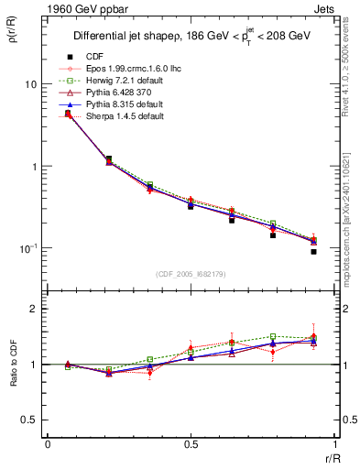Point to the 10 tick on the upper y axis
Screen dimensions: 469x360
pyautogui.click(x=30, y=84)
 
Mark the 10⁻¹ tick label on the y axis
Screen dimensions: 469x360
pyautogui.click(x=28, y=248)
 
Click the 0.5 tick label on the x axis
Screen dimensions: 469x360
pyautogui.click(x=191, y=444)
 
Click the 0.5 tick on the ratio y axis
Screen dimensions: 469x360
pyautogui.click(x=29, y=420)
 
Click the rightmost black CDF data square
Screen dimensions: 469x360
pyautogui.click(x=313, y=251)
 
